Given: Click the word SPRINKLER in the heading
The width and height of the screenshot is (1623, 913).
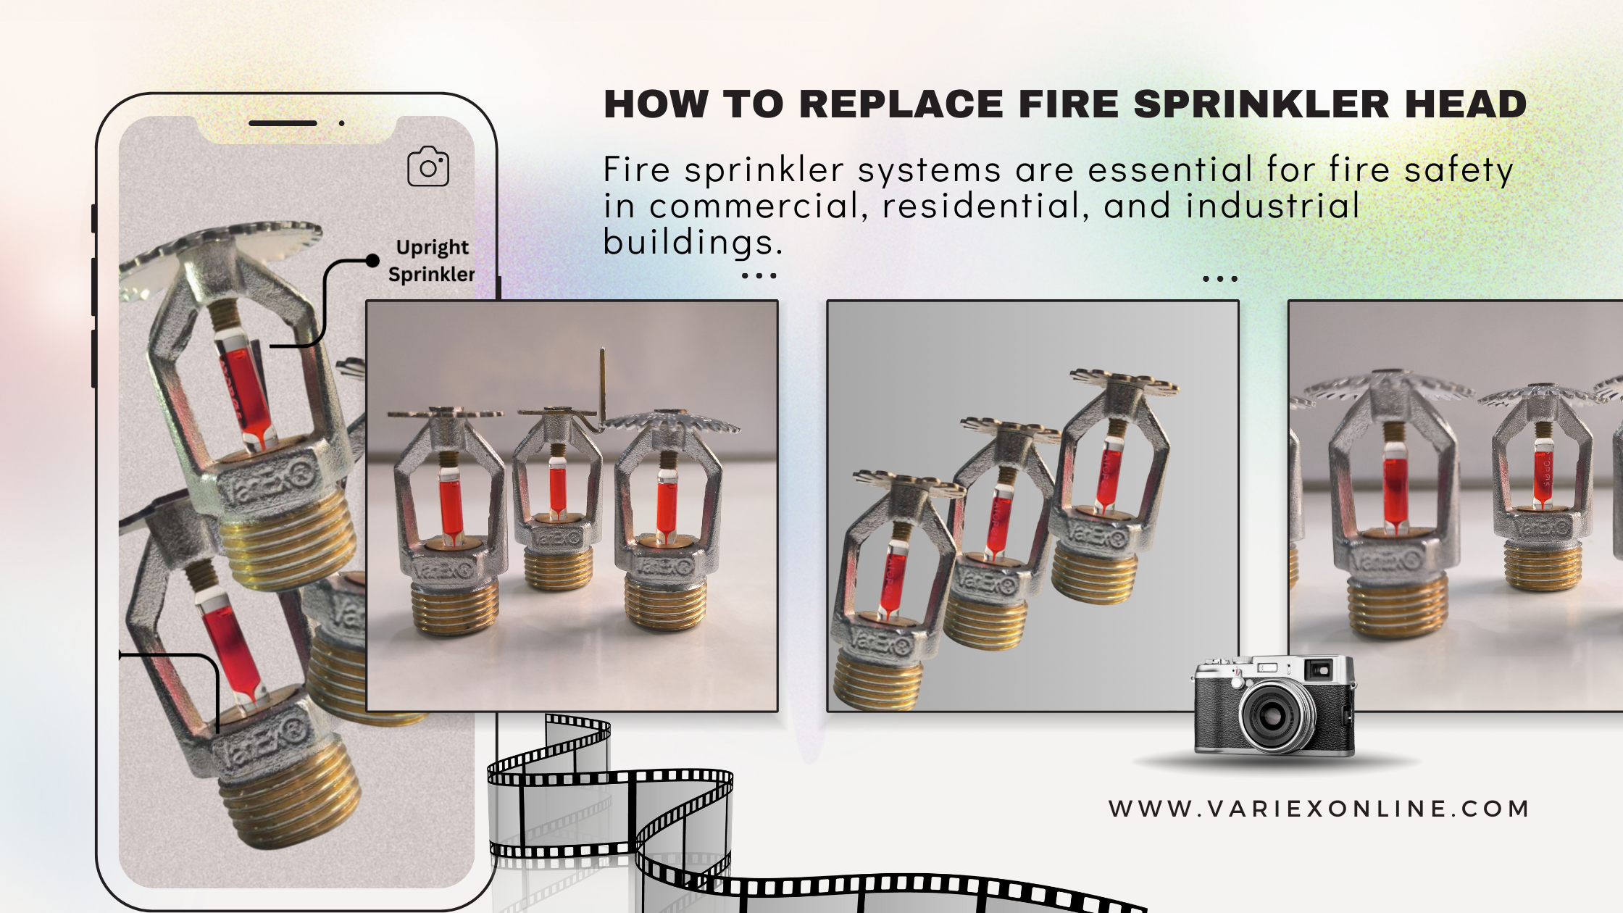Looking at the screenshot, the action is coord(1261,104).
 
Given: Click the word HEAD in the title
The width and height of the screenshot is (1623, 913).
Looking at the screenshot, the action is coord(1466,104).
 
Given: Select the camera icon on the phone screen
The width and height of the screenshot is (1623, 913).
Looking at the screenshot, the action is coord(428,167).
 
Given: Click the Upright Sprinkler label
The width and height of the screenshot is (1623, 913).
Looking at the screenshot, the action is coord(432,261).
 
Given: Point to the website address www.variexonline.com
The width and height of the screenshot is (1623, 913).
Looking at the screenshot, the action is coord(1319,809).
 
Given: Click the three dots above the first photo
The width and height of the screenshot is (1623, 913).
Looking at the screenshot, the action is coord(759,276).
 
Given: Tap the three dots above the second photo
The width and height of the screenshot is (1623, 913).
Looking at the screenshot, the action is coord(1220,278).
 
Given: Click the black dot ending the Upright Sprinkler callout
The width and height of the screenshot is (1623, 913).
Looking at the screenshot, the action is coord(372,261).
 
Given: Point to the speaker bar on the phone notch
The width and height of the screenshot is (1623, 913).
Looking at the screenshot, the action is coord(283,123).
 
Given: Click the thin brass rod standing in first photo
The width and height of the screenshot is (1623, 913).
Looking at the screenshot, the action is coord(602,388).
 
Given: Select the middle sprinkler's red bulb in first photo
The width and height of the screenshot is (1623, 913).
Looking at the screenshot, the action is coord(557,490).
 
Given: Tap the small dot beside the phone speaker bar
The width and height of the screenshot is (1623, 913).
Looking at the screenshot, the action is coord(341,123).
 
